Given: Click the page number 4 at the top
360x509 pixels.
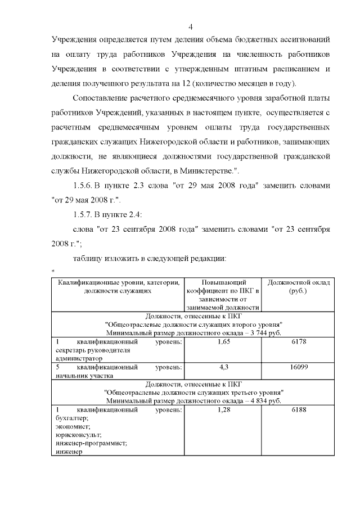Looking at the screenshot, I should tap(191, 26).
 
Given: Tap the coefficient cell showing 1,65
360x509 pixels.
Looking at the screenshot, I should tap(222, 341).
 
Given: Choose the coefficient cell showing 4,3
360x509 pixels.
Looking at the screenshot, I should tap(222, 367).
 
